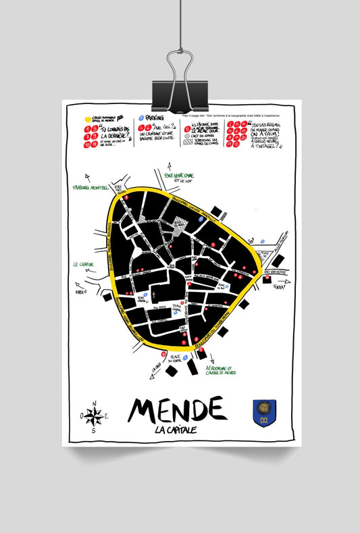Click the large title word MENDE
(x=177, y=409)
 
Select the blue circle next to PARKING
(x=140, y=118)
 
